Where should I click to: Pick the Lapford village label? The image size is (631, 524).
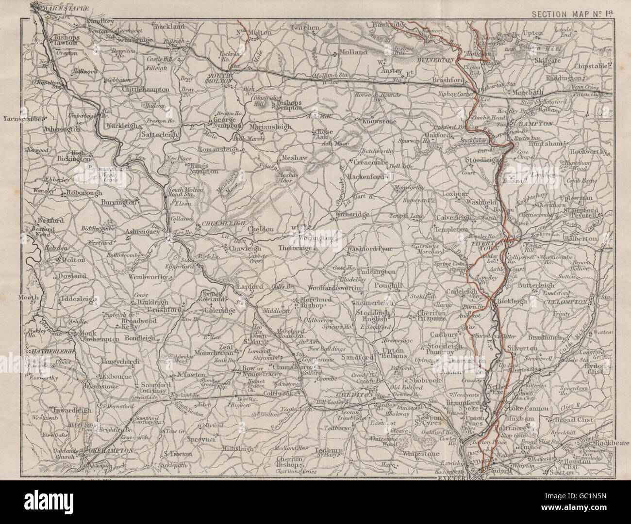249,286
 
